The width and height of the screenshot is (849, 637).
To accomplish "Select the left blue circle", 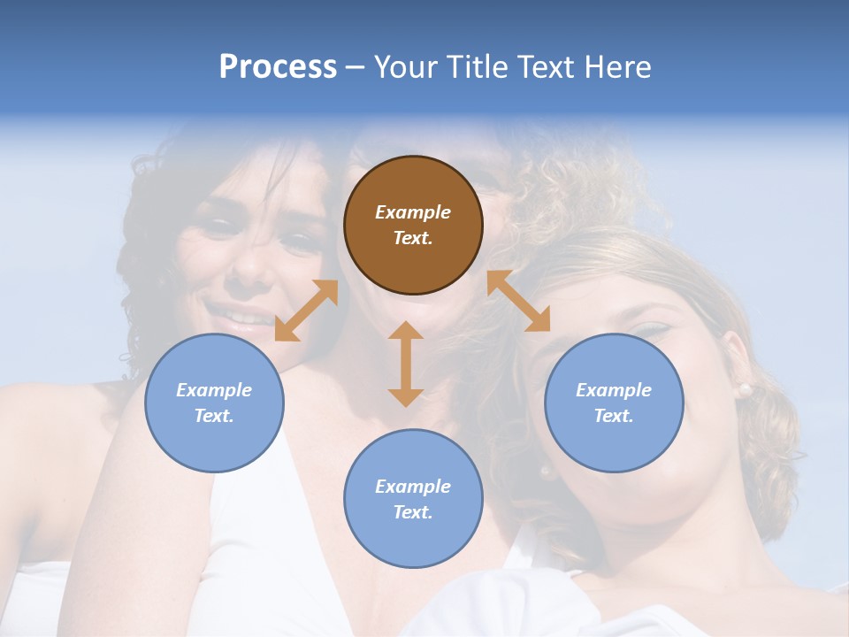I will tap(214, 403).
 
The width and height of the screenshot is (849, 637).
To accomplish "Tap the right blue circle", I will tap(614, 403).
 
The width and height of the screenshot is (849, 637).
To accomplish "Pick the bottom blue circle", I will tap(413, 499).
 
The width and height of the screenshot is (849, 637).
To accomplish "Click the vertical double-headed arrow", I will tap(406, 364).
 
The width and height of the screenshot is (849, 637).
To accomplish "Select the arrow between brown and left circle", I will tap(306, 311).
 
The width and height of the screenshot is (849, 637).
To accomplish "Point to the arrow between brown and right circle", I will tap(518, 301).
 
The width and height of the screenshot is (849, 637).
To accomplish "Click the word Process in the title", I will tap(278, 67).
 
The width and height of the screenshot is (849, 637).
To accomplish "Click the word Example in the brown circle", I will tap(413, 212).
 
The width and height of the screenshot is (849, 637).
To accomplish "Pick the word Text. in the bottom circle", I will tap(413, 512).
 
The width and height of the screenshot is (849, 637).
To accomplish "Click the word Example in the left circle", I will tap(214, 390).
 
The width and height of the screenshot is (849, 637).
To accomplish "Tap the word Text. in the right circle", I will tap(614, 416).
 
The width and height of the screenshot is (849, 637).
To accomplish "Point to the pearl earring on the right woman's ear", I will tap(744, 389).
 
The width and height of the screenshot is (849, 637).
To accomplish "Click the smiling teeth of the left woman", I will tap(232, 313).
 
